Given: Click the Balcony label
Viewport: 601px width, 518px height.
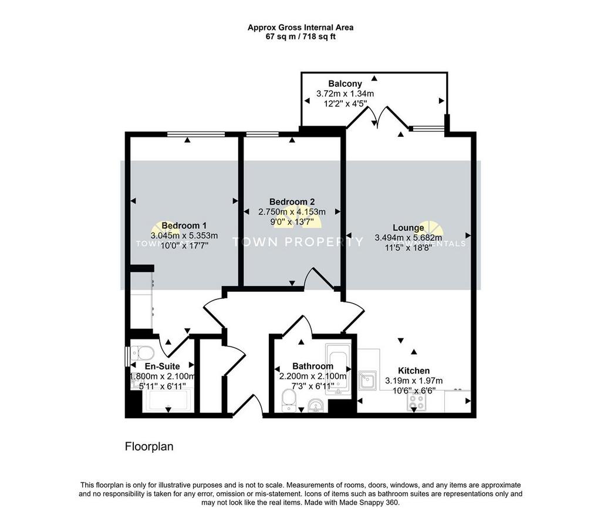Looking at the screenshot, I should (x=345, y=83).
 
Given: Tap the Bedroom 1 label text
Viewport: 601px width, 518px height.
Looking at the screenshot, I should (x=184, y=226).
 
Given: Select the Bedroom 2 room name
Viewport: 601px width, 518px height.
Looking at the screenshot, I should (x=292, y=201).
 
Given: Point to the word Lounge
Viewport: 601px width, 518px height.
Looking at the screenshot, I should (x=408, y=228).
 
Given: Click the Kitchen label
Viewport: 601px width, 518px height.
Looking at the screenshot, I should (x=414, y=371).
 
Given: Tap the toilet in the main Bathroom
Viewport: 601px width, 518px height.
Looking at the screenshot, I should (x=289, y=402).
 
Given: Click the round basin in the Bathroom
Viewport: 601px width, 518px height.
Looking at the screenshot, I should (x=315, y=405).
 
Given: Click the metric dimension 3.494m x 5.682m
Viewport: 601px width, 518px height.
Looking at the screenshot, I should (x=408, y=238).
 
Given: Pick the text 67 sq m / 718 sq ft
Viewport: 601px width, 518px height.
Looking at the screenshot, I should (x=300, y=36).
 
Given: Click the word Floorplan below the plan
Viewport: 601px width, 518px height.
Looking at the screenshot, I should (x=149, y=447).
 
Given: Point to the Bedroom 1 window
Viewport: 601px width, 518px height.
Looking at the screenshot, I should (x=195, y=134).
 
